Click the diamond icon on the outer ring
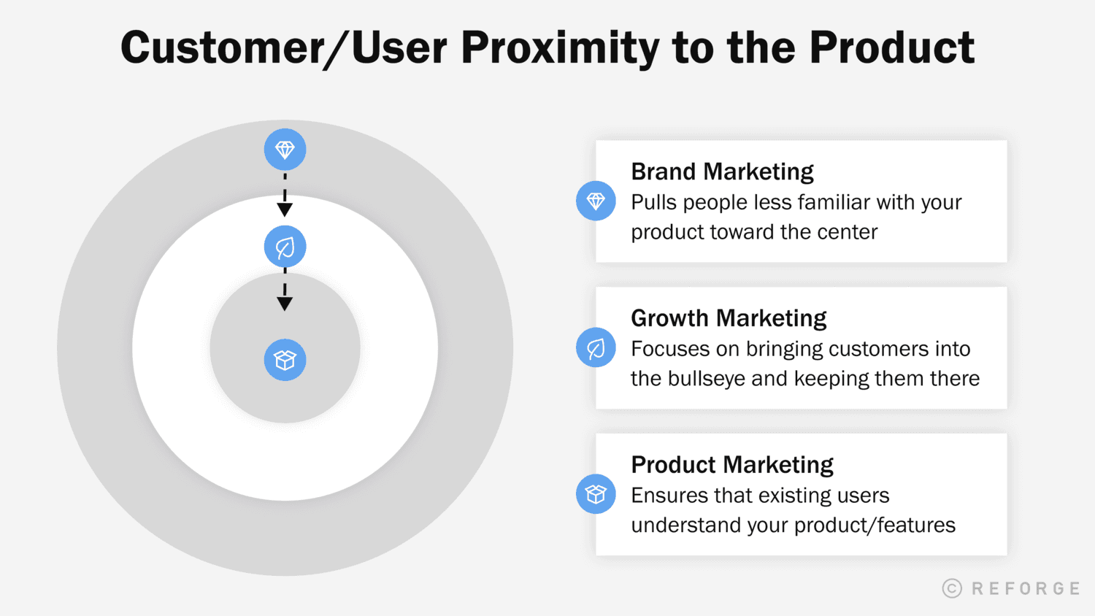(x=285, y=150)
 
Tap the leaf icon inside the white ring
(x=285, y=247)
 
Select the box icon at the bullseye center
(x=285, y=360)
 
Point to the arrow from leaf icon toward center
(x=285, y=292)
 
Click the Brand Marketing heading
(x=722, y=172)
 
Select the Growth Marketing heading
(x=729, y=318)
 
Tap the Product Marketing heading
(x=732, y=465)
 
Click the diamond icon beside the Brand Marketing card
(x=596, y=201)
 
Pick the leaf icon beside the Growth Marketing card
(x=596, y=347)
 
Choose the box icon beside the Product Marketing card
(x=596, y=494)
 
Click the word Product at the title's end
(x=891, y=48)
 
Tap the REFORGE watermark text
(x=1026, y=588)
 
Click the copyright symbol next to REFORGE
(x=952, y=588)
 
